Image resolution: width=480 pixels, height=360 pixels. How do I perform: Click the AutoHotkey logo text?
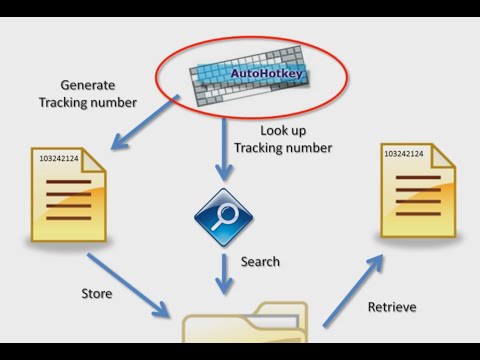pos(267,73)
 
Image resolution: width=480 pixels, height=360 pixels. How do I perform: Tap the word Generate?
pos(88,85)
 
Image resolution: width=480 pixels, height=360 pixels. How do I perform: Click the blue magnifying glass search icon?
pos(224,217)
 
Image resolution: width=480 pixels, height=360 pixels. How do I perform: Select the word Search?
pos(260,262)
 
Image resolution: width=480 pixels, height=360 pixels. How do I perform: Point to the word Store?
pos(97,294)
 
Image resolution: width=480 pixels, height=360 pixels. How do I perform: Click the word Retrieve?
pos(392,307)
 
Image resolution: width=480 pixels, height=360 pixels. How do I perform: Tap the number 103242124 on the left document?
pos(59,158)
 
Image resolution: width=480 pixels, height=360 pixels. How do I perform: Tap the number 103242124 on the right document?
pos(404,154)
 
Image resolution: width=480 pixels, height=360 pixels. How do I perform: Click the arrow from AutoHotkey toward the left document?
pos(145,122)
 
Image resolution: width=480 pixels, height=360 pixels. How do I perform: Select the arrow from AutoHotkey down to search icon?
pos(224,150)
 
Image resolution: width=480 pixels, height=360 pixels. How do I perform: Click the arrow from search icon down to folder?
pos(224,274)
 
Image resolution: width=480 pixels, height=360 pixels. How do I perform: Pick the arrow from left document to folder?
pos(128,285)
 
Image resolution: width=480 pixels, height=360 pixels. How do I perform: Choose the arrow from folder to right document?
pos(353,291)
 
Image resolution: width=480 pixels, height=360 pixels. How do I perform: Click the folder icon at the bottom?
pos(245,323)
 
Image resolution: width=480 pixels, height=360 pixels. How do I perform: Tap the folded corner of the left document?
pos(93,161)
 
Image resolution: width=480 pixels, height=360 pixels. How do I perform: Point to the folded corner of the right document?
pos(443,156)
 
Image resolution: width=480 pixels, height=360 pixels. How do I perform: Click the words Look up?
pos(283,131)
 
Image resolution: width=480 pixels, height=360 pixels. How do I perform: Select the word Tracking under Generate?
pos(62,103)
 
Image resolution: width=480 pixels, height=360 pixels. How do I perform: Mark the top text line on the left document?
pos(69,182)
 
